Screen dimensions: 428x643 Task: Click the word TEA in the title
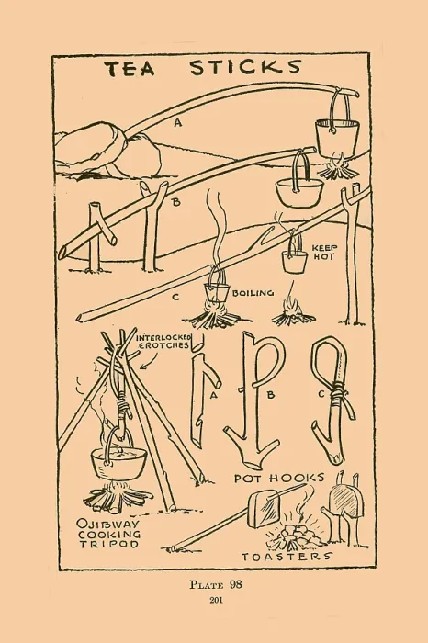click(132, 68)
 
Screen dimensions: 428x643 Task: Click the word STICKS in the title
click(245, 67)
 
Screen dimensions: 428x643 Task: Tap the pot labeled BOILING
click(216, 292)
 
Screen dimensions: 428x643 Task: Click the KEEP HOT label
click(324, 253)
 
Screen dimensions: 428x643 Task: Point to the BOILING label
click(253, 293)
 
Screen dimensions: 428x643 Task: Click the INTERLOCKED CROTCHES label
click(163, 341)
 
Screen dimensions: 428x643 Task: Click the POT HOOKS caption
click(279, 478)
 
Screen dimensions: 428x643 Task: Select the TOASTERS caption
click(287, 557)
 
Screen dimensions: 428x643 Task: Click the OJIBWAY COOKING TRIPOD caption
click(109, 534)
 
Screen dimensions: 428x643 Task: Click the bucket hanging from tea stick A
click(337, 136)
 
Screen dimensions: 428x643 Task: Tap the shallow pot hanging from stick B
click(300, 191)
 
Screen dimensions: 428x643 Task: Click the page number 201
click(216, 601)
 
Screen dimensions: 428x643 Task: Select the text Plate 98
click(216, 584)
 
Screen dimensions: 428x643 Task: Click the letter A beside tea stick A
click(177, 122)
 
